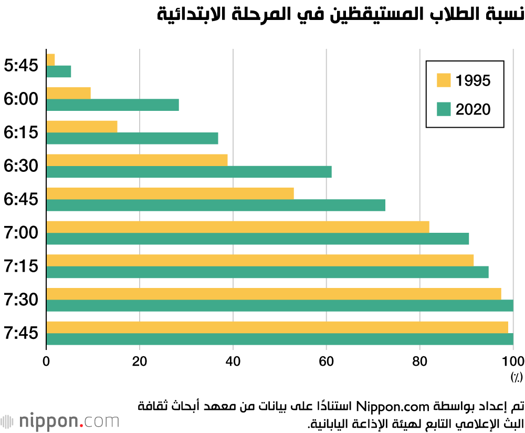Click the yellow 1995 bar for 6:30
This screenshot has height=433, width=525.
pos(137,160)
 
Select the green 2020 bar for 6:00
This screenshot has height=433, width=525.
pos(113,105)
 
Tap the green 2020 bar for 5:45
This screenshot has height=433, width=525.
pos(59,71)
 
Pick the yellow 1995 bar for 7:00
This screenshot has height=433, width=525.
pos(238,226)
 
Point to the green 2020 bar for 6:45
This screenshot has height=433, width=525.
pos(216,205)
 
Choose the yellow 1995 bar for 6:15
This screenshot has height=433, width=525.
pos(82,127)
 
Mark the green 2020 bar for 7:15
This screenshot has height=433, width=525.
pos(268,272)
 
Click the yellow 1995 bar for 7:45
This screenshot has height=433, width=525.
pos(277,327)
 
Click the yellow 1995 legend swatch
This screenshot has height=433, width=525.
pos(444,80)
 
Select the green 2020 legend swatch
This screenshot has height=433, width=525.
pos(444,109)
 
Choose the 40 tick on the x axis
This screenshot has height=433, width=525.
pos(233,362)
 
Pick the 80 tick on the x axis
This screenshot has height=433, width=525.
pos(419,362)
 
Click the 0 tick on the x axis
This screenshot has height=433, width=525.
pos(46,362)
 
